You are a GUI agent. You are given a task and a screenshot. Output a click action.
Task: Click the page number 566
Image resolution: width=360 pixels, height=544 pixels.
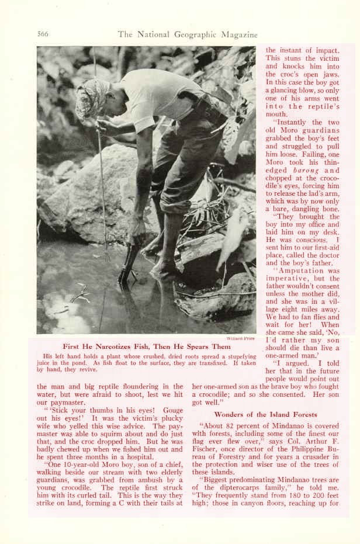[x=42, y=34]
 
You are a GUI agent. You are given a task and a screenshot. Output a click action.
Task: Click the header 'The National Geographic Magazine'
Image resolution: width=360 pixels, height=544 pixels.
[x=188, y=34]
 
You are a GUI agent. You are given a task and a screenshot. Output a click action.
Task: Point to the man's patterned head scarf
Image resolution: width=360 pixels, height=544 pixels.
[x=92, y=96]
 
